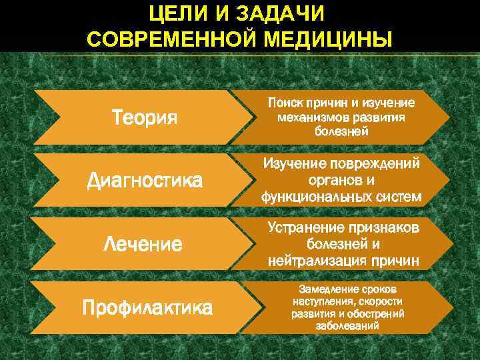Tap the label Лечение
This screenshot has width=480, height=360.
143,244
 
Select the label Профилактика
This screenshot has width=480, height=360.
147,307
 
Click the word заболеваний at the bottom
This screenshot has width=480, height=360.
347,326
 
